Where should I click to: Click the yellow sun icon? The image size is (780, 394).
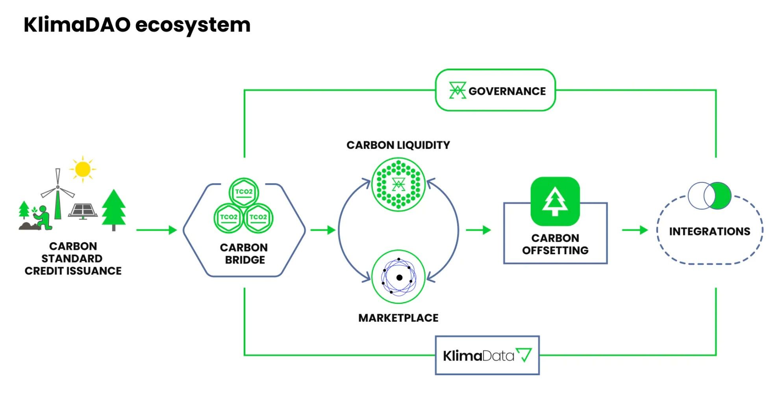(x=83, y=169)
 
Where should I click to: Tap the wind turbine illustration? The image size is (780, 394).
(x=58, y=195)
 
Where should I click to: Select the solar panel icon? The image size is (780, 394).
(x=83, y=211)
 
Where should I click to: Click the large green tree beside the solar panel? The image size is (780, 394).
(x=114, y=209)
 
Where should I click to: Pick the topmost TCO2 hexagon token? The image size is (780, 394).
(x=244, y=192)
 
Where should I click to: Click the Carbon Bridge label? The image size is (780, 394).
(x=244, y=254)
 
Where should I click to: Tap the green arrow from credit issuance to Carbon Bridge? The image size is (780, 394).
(x=156, y=230)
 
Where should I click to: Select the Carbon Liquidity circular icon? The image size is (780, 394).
(x=398, y=184)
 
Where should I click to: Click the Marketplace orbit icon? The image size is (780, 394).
(x=398, y=277)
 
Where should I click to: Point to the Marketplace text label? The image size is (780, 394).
(x=398, y=318)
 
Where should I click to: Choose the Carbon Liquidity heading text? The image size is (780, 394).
(x=398, y=145)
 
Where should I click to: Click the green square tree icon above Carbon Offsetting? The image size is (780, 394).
(x=555, y=201)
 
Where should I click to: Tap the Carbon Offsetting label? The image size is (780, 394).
(x=555, y=244)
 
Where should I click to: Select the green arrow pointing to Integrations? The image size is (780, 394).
(x=635, y=230)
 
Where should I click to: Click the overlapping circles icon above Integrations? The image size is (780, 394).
(x=710, y=195)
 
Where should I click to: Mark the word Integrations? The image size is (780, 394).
(x=710, y=231)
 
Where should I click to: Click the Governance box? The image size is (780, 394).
(x=495, y=91)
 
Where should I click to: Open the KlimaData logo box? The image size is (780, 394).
(x=487, y=355)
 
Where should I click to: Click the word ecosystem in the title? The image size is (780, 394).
(x=193, y=25)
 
